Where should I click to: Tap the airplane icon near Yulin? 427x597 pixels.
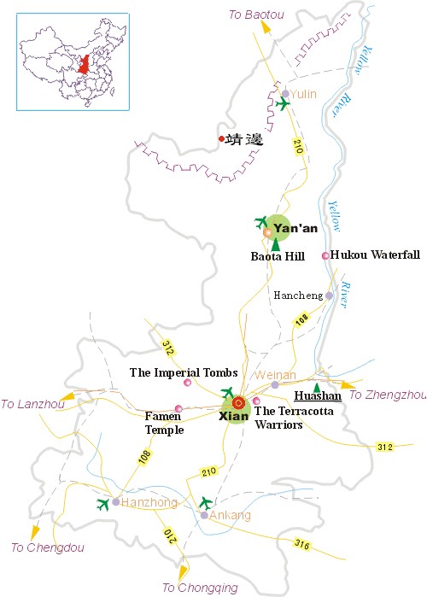283,104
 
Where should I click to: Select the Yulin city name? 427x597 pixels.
304,94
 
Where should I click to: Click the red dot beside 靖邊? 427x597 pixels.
221,139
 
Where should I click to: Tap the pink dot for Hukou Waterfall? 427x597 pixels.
325,255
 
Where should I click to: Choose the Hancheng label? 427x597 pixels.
298,296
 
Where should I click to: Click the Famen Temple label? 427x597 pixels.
164,424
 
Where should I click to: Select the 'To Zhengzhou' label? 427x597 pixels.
388,395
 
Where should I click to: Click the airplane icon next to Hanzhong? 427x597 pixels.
104,503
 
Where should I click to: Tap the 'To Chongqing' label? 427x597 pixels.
200,588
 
